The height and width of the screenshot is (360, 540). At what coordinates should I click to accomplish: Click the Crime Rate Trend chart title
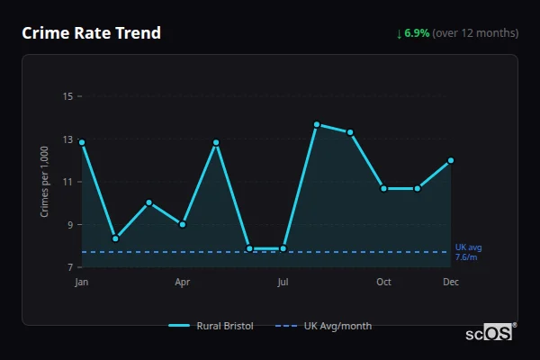coord(92,33)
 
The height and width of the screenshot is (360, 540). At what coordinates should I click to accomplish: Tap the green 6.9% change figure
coord(417,33)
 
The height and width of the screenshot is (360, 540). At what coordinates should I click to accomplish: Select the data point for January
coord(82,142)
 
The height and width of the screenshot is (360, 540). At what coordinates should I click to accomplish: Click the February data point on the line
coord(115,238)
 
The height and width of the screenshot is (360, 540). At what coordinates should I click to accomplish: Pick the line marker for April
coord(183,224)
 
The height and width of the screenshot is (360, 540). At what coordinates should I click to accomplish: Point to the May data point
coord(216,142)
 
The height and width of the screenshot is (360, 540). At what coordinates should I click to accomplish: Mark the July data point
coord(283,248)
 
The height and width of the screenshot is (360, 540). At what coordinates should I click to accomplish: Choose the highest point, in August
coord(317,124)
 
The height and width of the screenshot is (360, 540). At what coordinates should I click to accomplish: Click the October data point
coord(383,189)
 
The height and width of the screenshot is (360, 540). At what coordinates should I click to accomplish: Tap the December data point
coord(451,160)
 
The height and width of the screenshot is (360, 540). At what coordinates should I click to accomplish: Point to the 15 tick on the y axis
coord(67,95)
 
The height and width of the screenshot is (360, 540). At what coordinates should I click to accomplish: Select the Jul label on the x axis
coord(283,283)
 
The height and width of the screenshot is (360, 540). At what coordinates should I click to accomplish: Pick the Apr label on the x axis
coord(183,283)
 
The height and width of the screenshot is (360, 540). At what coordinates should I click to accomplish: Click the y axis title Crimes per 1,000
coord(45,181)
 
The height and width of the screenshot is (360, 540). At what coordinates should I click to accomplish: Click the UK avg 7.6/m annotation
coord(467,252)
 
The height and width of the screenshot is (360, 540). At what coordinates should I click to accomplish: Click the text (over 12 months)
coord(475,33)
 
